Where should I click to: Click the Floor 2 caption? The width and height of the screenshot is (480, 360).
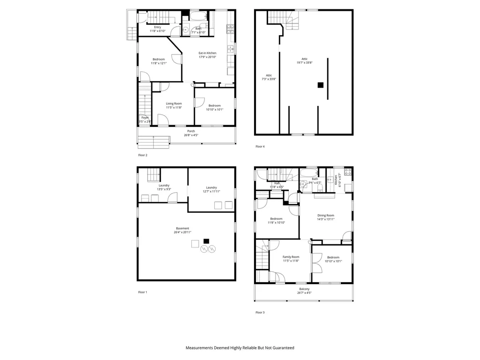(x=142, y=155)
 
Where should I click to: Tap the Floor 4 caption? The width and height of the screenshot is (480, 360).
(x=260, y=147)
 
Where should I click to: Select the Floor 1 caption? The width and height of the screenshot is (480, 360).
(x=142, y=292)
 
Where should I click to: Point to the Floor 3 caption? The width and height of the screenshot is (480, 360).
(x=260, y=312)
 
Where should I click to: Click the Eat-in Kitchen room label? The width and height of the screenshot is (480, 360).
(x=207, y=55)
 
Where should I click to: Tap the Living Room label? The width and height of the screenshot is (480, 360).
(x=174, y=105)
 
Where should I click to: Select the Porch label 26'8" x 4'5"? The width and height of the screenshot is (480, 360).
(x=191, y=133)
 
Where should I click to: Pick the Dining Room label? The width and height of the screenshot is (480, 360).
(x=325, y=217)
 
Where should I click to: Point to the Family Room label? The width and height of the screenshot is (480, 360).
(x=291, y=259)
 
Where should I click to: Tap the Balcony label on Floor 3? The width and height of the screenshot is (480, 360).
(x=304, y=291)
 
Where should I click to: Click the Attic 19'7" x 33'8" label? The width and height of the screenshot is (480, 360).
(x=304, y=60)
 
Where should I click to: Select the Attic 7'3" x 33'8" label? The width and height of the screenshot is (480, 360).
(x=269, y=77)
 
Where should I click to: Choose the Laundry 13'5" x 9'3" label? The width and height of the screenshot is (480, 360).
(x=164, y=187)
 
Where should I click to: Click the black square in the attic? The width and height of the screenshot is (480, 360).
(x=321, y=85)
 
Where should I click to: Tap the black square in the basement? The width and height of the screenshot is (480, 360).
(x=206, y=241)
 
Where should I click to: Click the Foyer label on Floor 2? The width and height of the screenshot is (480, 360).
(x=145, y=120)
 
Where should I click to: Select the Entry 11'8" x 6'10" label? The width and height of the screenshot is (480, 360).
(x=158, y=29)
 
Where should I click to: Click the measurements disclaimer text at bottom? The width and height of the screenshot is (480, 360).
(x=240, y=348)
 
